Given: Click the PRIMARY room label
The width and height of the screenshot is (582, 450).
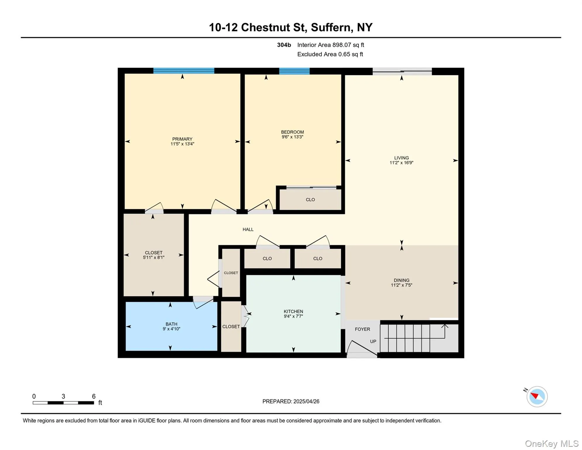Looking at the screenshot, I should click(x=182, y=139).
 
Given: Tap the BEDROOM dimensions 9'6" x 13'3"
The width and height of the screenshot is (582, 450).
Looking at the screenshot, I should click(x=292, y=137).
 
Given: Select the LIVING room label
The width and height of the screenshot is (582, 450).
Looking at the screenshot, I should click(x=401, y=158).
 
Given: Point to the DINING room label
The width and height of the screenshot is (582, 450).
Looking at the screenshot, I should click(x=401, y=280).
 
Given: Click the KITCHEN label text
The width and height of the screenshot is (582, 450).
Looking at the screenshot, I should click(x=293, y=311).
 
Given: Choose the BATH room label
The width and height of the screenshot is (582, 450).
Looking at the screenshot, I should click(x=171, y=324).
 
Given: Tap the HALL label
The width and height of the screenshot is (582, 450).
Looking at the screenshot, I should click(x=248, y=229).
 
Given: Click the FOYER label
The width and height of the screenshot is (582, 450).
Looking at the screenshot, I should click(x=362, y=329).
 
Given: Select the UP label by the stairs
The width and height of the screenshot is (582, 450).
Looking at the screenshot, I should click(x=373, y=341).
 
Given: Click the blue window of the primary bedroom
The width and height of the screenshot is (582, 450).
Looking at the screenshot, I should click(x=184, y=71).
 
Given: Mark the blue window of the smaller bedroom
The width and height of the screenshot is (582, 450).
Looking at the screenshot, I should click(x=294, y=71).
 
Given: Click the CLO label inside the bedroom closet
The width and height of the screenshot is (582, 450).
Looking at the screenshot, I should click(x=310, y=200).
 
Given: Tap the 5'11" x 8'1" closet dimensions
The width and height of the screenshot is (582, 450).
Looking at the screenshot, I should click(x=153, y=258).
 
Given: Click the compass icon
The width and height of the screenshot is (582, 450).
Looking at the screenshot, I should click(x=537, y=396).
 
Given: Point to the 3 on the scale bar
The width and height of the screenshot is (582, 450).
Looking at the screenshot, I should click(x=63, y=396).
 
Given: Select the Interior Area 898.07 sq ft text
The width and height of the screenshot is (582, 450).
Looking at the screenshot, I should click(x=330, y=45).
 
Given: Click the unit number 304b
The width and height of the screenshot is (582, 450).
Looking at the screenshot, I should click(x=284, y=45).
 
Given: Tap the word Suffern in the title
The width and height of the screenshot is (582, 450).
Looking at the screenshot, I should click(x=330, y=27).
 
